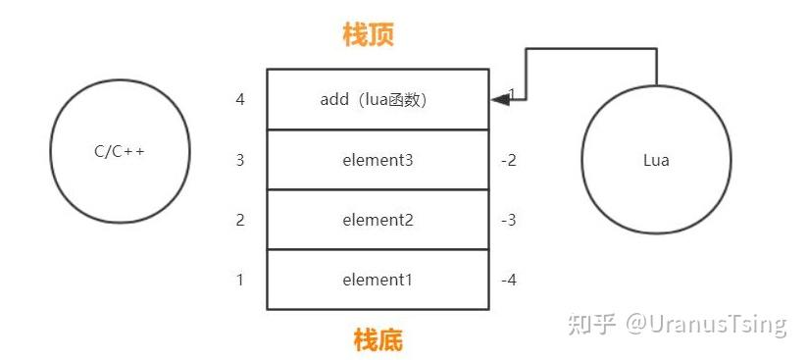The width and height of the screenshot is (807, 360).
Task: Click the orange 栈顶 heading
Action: click(368, 36)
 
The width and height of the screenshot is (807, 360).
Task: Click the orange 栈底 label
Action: click(378, 340)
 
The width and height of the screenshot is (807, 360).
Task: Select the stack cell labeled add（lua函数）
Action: click(378, 99)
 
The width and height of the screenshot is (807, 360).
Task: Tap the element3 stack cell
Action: click(378, 160)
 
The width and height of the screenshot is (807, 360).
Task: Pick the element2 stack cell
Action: click(378, 220)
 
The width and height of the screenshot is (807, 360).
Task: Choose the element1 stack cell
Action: click(378, 281)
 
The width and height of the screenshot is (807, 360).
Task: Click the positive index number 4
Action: click(240, 99)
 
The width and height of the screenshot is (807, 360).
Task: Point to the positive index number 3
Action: click(240, 160)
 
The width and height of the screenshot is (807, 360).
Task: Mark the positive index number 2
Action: click(240, 220)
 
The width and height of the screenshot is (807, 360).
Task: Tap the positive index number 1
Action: click(240, 281)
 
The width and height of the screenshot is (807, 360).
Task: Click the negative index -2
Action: click(508, 160)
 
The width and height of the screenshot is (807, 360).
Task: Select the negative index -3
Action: click(508, 220)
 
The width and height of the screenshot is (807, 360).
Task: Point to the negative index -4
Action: click(508, 281)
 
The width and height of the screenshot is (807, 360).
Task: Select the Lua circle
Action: click(656, 160)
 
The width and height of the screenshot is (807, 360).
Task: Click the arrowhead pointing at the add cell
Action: click(497, 98)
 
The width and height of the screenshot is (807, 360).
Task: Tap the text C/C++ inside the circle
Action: click(119, 152)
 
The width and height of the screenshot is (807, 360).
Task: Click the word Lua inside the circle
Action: click(656, 160)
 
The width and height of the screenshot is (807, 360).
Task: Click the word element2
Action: click(378, 220)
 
